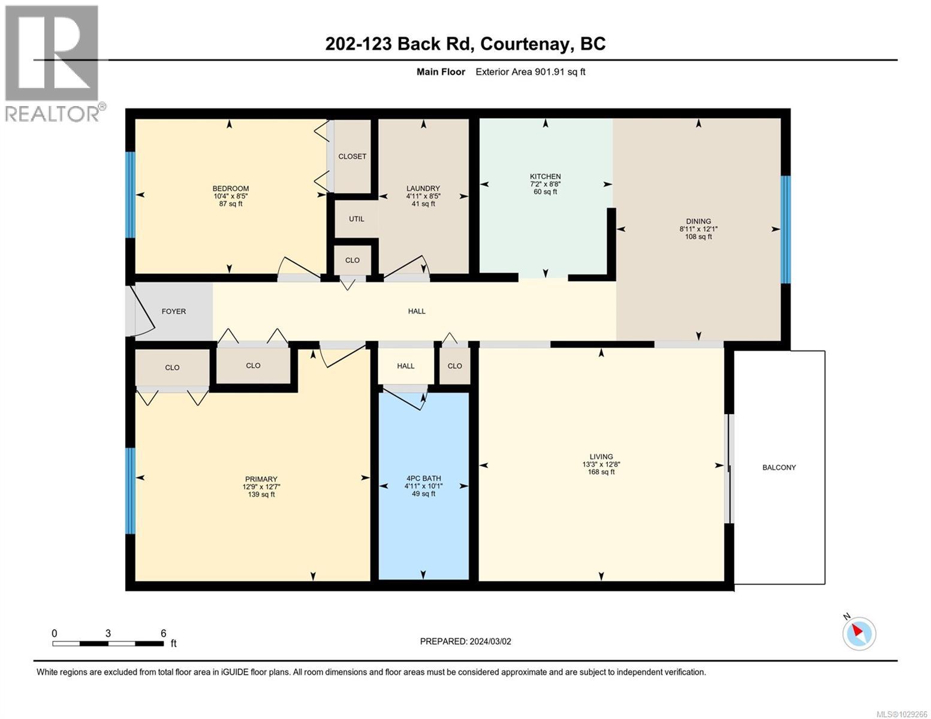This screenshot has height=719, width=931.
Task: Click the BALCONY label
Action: (779, 467)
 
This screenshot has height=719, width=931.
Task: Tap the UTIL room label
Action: (357, 219)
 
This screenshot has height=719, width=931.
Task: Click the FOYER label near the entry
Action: (174, 312)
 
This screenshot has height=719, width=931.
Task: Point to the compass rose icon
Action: (859, 633)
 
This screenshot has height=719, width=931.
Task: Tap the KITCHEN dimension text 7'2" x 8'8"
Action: (545, 185)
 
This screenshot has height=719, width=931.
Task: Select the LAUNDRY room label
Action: (423, 188)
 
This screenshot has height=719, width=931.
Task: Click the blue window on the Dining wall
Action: (785, 228)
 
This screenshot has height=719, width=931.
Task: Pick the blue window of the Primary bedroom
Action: (130, 490)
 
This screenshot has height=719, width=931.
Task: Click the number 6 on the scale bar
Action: (163, 633)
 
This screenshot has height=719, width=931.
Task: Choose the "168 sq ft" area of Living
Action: (601, 472)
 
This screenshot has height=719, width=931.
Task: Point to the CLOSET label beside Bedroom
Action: (352, 156)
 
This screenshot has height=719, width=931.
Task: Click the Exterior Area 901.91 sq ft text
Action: (530, 72)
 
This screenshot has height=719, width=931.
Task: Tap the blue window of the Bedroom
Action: (130, 195)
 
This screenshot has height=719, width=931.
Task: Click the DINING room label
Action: (698, 221)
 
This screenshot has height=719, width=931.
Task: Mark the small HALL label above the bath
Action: (406, 366)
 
